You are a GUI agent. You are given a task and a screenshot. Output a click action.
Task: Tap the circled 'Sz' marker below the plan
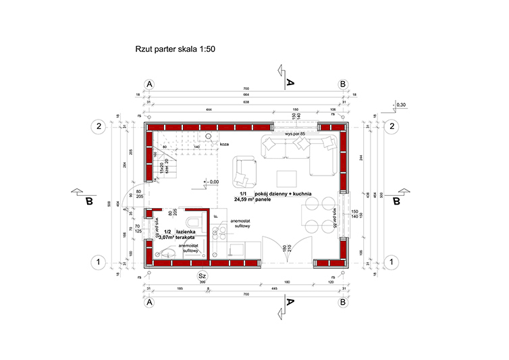201,276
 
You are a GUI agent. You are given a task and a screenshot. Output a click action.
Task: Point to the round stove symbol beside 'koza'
210,136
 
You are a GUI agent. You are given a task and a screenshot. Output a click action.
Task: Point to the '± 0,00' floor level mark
211,182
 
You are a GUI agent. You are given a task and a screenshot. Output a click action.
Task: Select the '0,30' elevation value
400,105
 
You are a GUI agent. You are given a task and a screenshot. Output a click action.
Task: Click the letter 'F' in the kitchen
216,216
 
